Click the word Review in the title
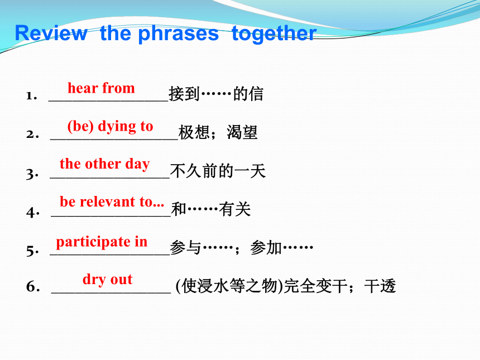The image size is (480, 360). (x=51, y=33)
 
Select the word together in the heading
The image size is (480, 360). (x=274, y=33)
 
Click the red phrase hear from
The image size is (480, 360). (x=101, y=88)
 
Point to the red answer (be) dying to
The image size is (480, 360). (x=110, y=126)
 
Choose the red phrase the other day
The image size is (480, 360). (x=105, y=164)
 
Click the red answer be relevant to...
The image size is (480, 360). (x=112, y=201)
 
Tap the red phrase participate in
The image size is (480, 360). (x=102, y=242)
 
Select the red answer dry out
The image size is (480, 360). (x=108, y=280)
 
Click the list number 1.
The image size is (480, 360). (x=31, y=95)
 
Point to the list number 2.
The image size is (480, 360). (x=32, y=134)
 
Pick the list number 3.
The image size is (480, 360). (x=32, y=174)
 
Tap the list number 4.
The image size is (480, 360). (x=32, y=212)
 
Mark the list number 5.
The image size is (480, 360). (x=32, y=251)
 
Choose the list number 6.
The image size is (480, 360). (x=33, y=286)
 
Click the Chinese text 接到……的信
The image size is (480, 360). (x=216, y=94)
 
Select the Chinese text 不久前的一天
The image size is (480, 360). (x=218, y=170)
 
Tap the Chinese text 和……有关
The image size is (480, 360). (x=211, y=209)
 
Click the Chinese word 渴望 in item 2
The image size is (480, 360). (x=242, y=132)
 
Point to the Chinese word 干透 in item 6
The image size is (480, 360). (x=380, y=286)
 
